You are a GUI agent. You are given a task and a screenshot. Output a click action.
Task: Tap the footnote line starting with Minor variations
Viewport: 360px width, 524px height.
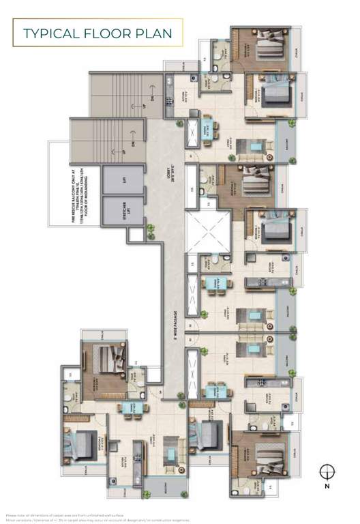102,520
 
